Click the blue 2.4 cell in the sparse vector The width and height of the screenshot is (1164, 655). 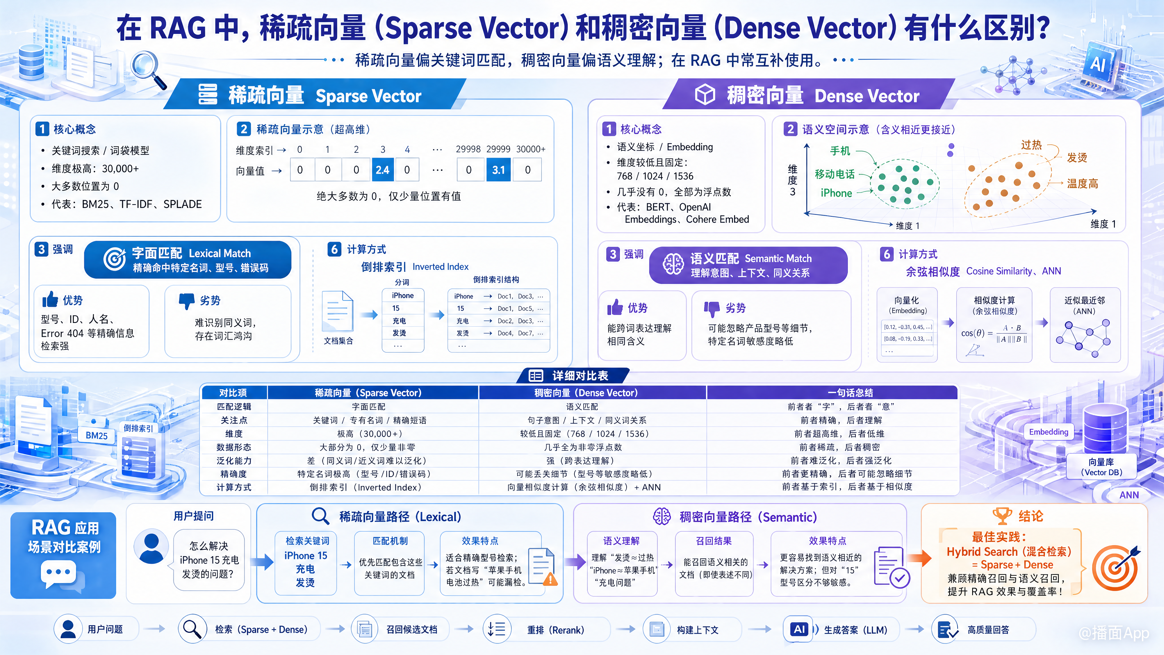coord(382,170)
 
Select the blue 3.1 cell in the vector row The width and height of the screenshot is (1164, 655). coord(498,170)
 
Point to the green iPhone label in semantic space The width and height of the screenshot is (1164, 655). coord(836,193)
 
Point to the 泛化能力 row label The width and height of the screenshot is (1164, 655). coord(234,461)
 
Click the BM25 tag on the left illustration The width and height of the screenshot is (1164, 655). coord(97,436)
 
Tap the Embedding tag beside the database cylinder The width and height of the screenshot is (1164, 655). coord(1048,432)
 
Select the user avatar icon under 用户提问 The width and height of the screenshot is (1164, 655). coord(151,547)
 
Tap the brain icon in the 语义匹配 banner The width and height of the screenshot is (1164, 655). coord(673,264)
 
